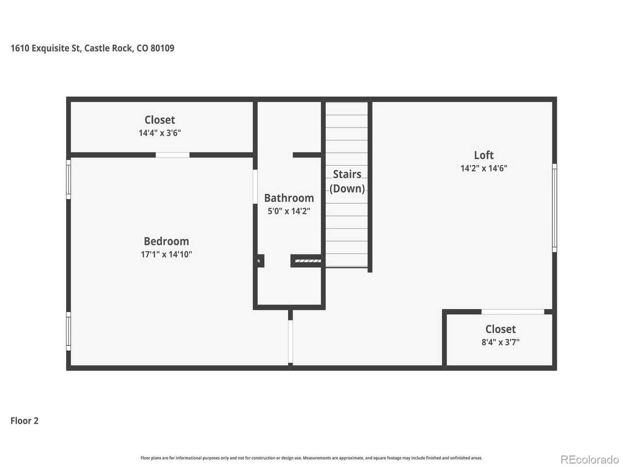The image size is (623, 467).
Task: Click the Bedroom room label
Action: [x=166, y=241]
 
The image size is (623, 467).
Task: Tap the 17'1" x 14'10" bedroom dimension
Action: [x=166, y=254]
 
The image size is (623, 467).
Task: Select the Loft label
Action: [x=484, y=155]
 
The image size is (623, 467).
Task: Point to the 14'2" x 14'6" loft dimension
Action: [x=484, y=168]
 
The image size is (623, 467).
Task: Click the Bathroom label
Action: [x=289, y=198]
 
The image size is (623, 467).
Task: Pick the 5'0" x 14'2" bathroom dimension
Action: [x=289, y=211]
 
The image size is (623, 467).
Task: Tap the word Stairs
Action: [x=347, y=174]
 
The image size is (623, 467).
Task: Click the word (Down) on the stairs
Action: [x=347, y=189]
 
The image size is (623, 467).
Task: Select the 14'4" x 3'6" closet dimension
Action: [x=160, y=133]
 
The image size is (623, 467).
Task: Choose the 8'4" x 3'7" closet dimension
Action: [x=500, y=342]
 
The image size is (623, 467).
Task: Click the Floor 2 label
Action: [x=24, y=420]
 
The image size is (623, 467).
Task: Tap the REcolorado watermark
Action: [x=589, y=459]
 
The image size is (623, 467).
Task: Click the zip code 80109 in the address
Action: [x=162, y=48]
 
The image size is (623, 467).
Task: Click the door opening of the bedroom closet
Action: [x=173, y=155]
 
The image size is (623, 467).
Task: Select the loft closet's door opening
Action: [x=513, y=312]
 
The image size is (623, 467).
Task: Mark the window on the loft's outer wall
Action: [x=554, y=208]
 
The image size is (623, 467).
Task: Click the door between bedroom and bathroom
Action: [x=255, y=187]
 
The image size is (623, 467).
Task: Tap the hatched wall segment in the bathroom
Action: [x=308, y=261]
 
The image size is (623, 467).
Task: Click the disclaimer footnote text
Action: [x=311, y=458]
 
